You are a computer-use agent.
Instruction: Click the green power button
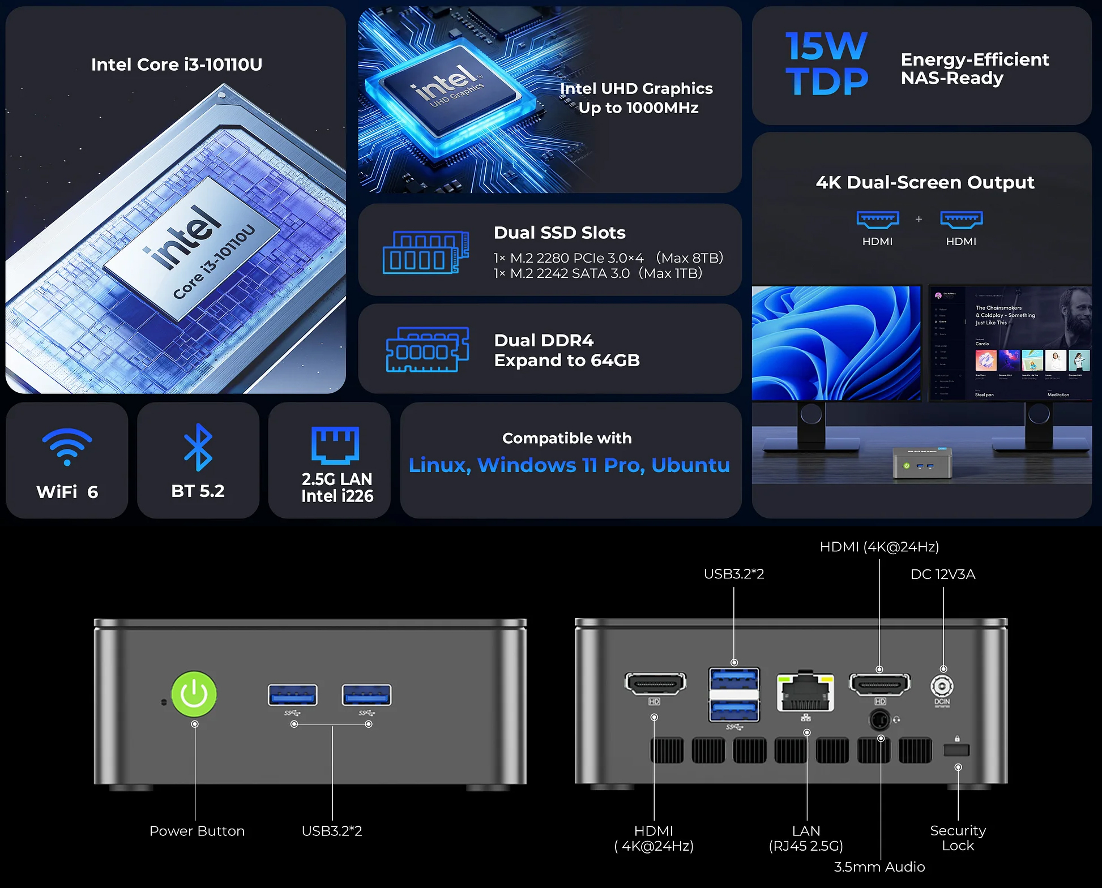pos(194,694)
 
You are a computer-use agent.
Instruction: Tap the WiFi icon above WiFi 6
pos(67,447)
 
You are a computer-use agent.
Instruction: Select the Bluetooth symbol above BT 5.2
pos(198,447)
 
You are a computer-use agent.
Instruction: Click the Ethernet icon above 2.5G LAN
pos(335,445)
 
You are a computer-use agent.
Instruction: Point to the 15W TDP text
pos(826,63)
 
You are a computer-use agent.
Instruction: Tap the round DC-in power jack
pos(942,687)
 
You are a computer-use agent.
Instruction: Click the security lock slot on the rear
pos(956,750)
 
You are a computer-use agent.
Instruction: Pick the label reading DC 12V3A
pos(943,574)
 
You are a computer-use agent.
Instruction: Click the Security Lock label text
pos(958,838)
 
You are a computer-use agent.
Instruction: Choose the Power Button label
pos(197,831)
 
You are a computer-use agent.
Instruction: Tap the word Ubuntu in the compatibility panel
pos(690,465)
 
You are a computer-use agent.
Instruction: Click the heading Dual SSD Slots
pos(559,233)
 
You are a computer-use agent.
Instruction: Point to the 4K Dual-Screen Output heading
pos(925,182)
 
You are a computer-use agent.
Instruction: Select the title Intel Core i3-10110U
pos(177,65)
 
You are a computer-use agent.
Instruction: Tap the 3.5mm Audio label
pos(879,867)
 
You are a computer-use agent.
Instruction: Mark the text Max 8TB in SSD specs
pos(690,258)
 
